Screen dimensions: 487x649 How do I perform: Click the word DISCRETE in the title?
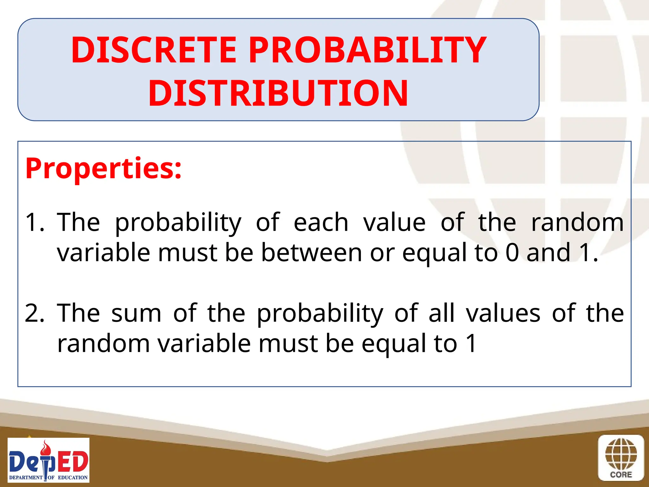tap(154, 50)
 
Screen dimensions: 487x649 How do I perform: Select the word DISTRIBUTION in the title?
tap(278, 93)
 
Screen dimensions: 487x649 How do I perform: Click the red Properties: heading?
tap(103, 168)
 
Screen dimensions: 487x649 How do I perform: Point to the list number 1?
tap(34, 222)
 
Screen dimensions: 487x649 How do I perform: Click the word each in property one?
tap(321, 222)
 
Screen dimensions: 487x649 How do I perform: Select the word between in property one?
tap(311, 253)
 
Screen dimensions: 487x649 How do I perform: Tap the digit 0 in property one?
tap(512, 253)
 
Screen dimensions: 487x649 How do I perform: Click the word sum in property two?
tap(136, 313)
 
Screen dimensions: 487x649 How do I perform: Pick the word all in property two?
tap(442, 313)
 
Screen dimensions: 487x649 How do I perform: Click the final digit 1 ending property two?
tap(471, 343)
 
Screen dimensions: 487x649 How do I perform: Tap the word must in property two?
tap(288, 343)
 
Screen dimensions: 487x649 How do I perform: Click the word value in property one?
tap(394, 222)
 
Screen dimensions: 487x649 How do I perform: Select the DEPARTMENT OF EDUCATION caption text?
tap(48, 477)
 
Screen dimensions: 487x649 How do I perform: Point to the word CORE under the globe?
tap(621, 475)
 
